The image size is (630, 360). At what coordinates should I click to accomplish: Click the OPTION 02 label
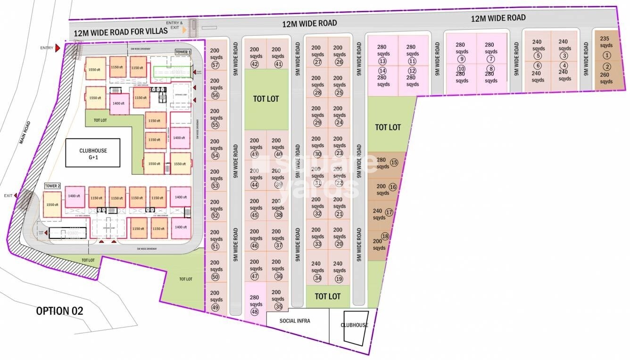click(x=59, y=311)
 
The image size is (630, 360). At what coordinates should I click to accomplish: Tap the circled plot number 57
click(x=216, y=65)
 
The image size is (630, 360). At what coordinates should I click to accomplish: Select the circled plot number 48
click(x=255, y=311)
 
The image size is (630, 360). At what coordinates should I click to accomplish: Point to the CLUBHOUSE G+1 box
click(x=93, y=153)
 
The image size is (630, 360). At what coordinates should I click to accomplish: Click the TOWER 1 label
click(x=183, y=52)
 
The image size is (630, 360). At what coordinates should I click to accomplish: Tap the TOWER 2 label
click(x=53, y=186)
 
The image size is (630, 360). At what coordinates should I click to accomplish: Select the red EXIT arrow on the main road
click(x=17, y=196)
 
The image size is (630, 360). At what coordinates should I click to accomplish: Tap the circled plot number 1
click(x=606, y=56)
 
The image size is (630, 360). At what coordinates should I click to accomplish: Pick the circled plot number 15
click(x=394, y=163)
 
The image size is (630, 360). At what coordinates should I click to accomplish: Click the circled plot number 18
click(x=385, y=237)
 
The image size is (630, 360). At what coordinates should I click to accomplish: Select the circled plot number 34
click(x=317, y=278)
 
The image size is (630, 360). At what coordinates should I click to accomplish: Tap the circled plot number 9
click(x=461, y=59)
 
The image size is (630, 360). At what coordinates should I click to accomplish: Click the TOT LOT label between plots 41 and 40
click(x=266, y=99)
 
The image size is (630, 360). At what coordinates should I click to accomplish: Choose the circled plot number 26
click(x=339, y=62)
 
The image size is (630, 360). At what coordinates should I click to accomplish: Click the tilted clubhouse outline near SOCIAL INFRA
click(x=356, y=327)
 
